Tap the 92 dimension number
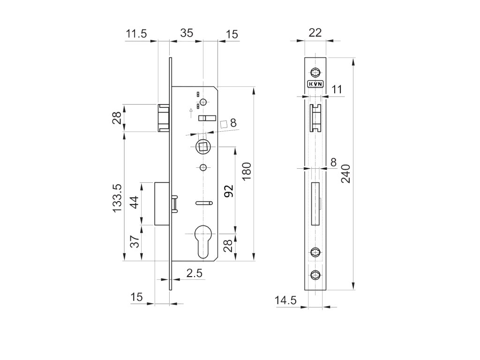tap(228, 192)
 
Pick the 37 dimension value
tap(134, 243)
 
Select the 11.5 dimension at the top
tap(136, 33)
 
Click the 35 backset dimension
tap(187, 33)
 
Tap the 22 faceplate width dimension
tap(315, 32)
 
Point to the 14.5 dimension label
tap(285, 300)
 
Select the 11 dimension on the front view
tap(337, 90)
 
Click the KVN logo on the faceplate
tap(315, 84)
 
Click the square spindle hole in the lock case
tap(203, 147)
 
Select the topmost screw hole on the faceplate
tap(315, 72)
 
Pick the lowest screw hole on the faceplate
tap(315, 275)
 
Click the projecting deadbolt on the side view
tap(161, 204)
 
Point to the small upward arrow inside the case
tap(190, 111)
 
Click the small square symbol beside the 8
tap(224, 124)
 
